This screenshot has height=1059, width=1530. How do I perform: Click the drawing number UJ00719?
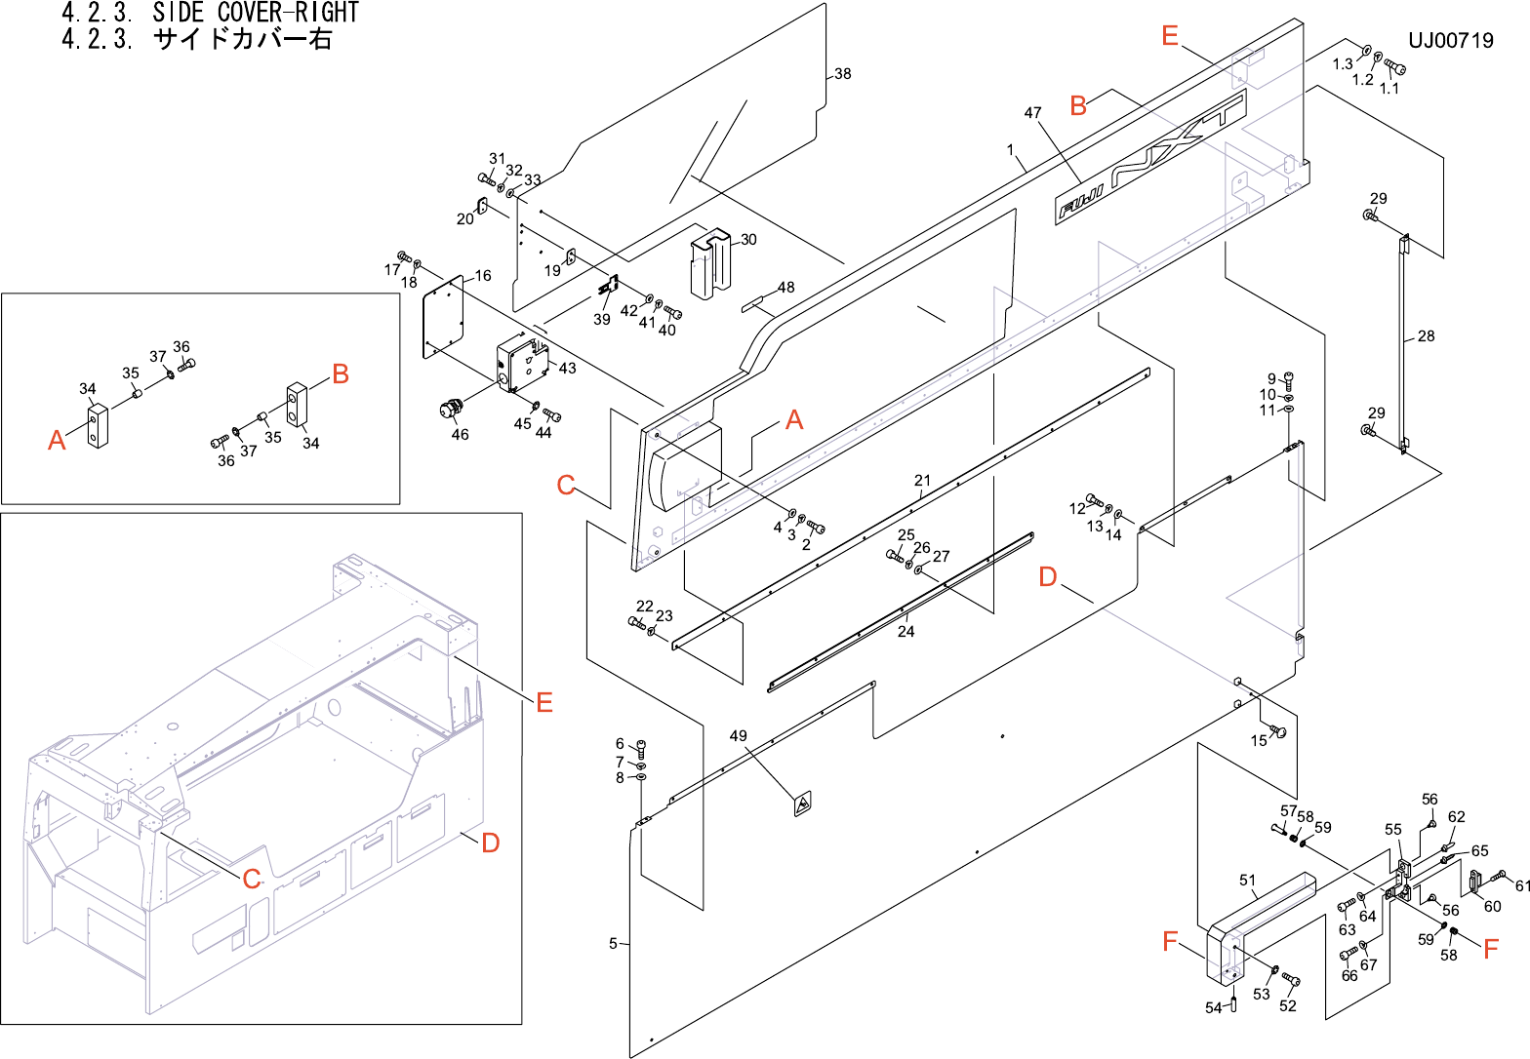1450,40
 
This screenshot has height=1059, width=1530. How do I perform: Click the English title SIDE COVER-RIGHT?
256,13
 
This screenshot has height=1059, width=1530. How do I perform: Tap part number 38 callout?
842,73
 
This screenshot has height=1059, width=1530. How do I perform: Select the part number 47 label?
1032,113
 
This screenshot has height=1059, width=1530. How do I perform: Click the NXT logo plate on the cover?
1151,160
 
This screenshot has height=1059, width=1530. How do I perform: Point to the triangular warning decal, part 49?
802,804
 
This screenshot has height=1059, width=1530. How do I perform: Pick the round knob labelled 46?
451,408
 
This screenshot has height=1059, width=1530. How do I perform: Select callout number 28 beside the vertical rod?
1426,336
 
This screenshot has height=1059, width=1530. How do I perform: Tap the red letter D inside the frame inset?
491,842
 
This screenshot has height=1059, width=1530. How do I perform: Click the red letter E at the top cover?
1170,36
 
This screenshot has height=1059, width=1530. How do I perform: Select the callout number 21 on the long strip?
922,480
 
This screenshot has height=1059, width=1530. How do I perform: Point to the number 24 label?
906,632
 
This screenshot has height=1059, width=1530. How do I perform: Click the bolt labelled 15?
1281,731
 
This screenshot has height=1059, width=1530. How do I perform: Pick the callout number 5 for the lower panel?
613,943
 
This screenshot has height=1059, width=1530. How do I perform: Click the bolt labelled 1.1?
1396,68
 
